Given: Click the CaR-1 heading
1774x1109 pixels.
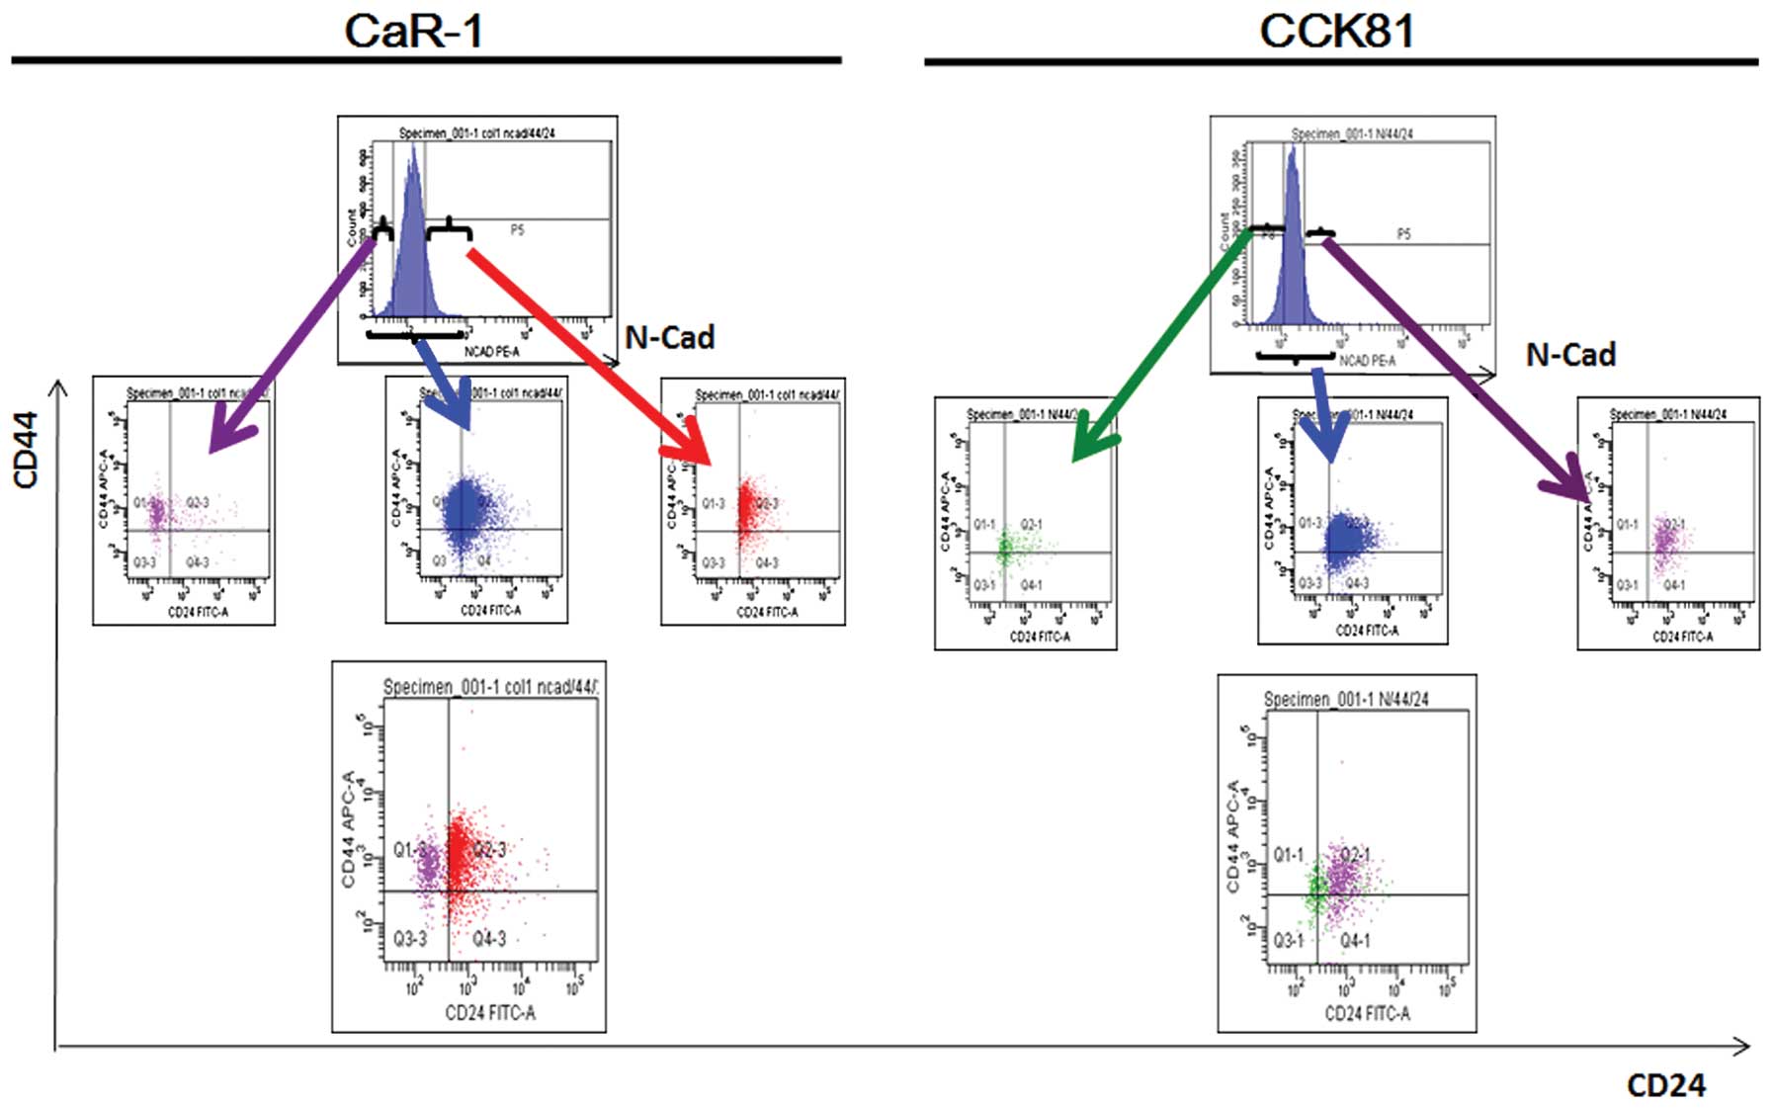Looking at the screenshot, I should pos(413,31).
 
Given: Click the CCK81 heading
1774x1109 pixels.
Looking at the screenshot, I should pos(1336,31).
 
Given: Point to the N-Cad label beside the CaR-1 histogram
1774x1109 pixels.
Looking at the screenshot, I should pos(669,338).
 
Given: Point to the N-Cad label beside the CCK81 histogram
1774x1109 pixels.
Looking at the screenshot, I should pos(1569,355).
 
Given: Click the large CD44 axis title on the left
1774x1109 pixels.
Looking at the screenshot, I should pos(26,450).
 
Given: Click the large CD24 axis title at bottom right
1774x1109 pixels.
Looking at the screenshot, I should pos(1665,1085).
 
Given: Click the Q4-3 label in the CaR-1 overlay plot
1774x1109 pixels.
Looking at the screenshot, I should pos(489,938).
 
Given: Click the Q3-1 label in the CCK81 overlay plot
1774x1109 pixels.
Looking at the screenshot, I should pos(1288,940).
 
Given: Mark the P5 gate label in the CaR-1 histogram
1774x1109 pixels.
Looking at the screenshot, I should pos(517,230).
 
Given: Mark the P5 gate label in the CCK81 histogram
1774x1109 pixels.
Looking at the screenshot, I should pos(1403,234).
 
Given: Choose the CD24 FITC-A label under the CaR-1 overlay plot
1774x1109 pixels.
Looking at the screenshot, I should pos(489,1012).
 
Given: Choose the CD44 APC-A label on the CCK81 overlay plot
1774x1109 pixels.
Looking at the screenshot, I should pos(1234,835).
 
